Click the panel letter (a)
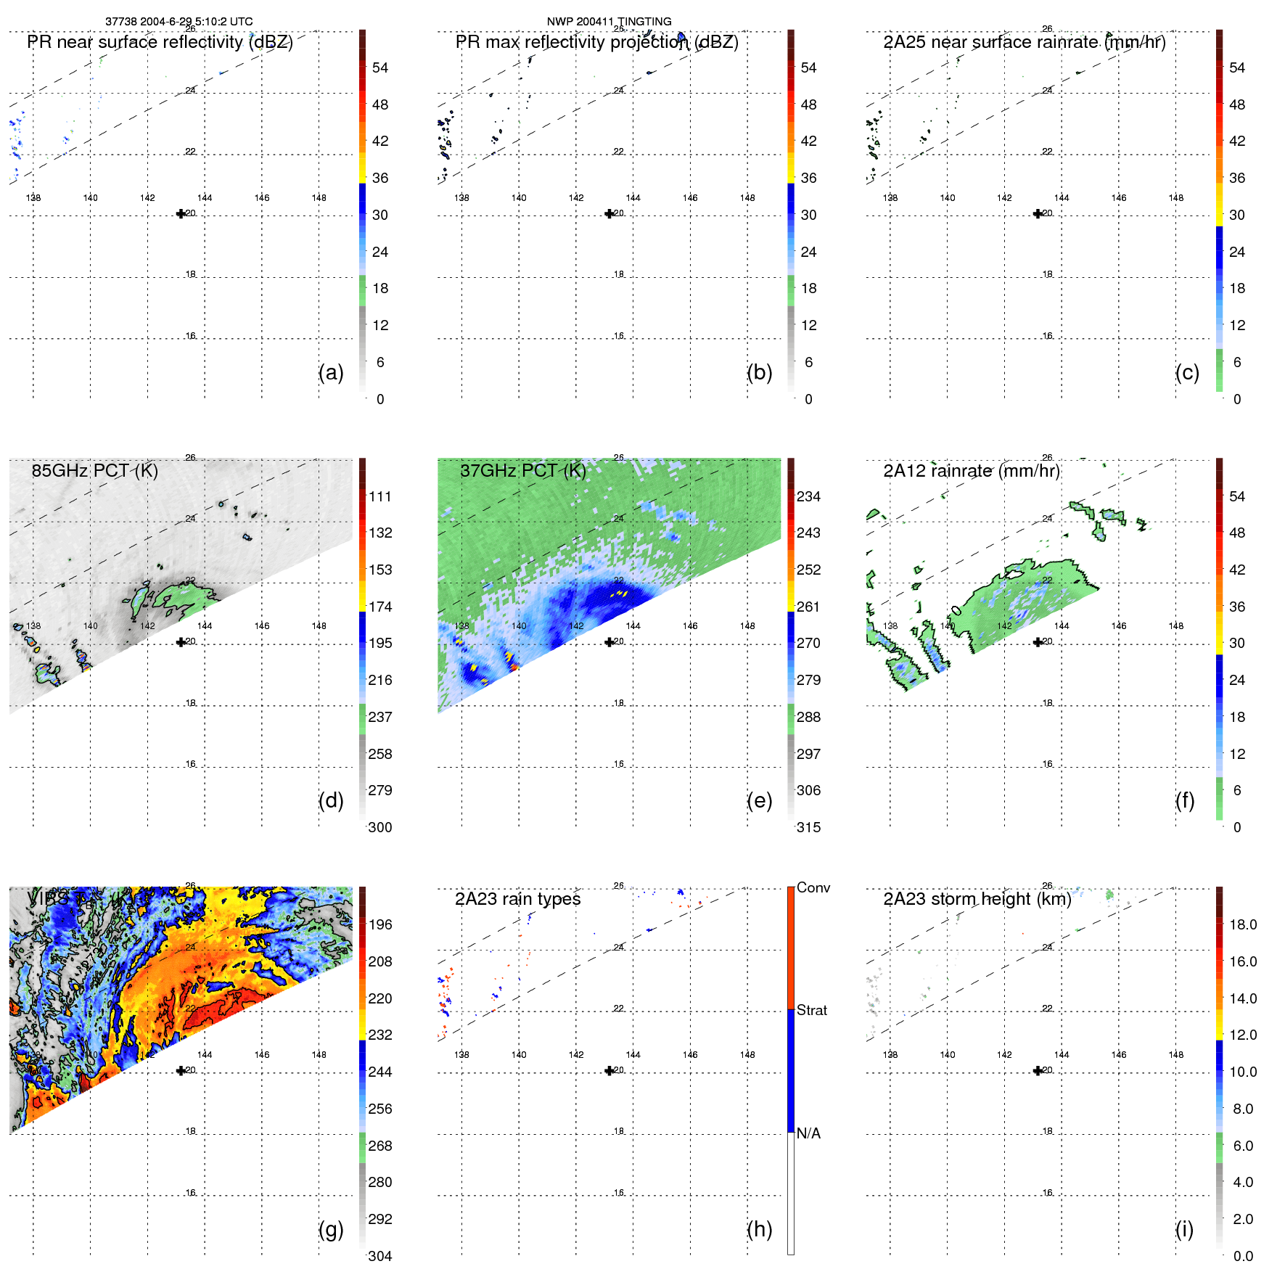pyautogui.click(x=330, y=372)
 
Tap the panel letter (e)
pyautogui.click(x=759, y=800)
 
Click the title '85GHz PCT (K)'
pyautogui.click(x=94, y=470)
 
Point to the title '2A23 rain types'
pyautogui.click(x=517, y=899)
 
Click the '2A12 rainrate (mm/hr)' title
pyautogui.click(x=971, y=470)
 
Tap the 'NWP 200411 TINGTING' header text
pyautogui.click(x=609, y=21)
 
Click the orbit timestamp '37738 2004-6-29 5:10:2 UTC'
pyautogui.click(x=178, y=21)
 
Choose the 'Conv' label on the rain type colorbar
pyautogui.click(x=813, y=887)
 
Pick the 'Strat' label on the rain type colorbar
pyautogui.click(x=811, y=1010)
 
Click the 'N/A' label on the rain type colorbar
pyautogui.click(x=808, y=1133)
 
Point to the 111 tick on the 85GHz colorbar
pyautogui.click(x=379, y=496)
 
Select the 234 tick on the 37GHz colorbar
pyautogui.click(x=808, y=496)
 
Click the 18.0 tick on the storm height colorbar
pyautogui.click(x=1242, y=924)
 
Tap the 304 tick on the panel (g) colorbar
pyautogui.click(x=379, y=1256)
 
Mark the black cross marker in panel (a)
pyautogui.click(x=181, y=213)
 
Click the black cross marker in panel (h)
pyautogui.click(x=609, y=1070)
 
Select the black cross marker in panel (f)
pyautogui.click(x=1038, y=641)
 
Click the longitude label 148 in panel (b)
pyautogui.click(x=747, y=197)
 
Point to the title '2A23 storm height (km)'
pyautogui.click(x=977, y=899)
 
